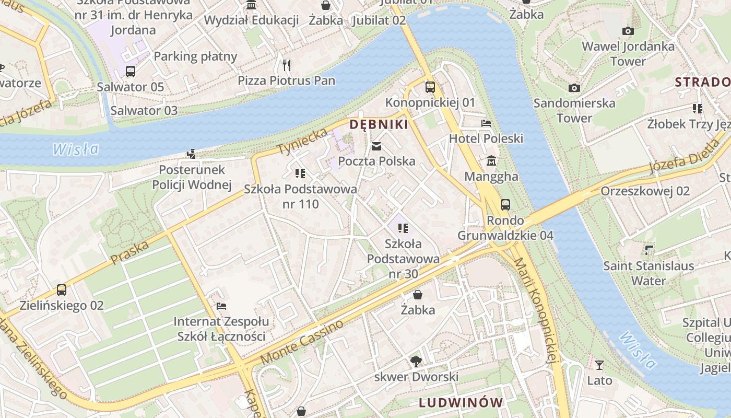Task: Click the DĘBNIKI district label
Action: pos(379,124)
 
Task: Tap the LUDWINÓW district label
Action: pos(461,402)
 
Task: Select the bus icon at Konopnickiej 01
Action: pos(430,87)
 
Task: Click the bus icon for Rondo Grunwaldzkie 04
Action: pos(505,205)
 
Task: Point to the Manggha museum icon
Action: pos(491,161)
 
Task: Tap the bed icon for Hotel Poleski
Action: pos(486,123)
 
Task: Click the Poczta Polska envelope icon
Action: pos(376,146)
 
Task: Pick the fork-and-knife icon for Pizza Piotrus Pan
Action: pos(286,65)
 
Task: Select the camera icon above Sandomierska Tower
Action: pos(574,88)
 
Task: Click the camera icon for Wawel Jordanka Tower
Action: pos(628,31)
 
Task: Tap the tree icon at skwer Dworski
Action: pos(416,361)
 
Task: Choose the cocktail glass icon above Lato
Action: pos(599,365)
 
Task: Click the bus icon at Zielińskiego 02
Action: pos(62,290)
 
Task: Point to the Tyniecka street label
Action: pos(302,141)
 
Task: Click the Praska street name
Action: pos(130,252)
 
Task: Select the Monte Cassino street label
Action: pos(302,342)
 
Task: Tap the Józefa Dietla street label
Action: pos(684,156)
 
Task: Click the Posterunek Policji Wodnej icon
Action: pos(192,154)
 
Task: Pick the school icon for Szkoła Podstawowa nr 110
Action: pos(300,173)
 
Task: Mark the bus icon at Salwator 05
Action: pos(131,72)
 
